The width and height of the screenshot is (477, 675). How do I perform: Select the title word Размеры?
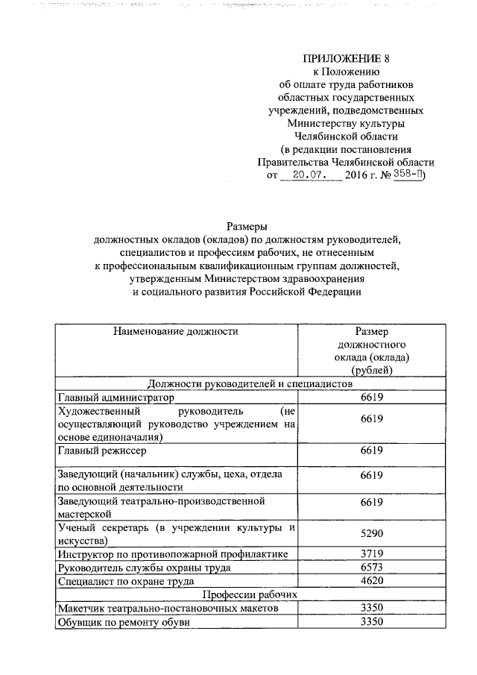pyautogui.click(x=246, y=226)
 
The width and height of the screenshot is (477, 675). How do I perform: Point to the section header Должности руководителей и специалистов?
pyautogui.click(x=249, y=383)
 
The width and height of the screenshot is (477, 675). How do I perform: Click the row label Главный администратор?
pyautogui.click(x=115, y=398)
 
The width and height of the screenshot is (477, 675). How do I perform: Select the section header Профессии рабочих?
pyautogui.click(x=249, y=595)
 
